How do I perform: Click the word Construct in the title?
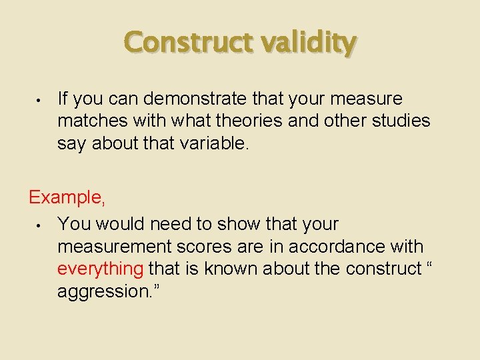pos(189,43)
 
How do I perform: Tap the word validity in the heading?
pos(308,43)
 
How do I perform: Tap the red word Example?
pos(65,198)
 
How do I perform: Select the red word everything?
pos(100,269)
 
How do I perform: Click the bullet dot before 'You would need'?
pos(41,225)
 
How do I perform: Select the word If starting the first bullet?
pos(63,99)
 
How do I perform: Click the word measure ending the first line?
pos(367,99)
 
